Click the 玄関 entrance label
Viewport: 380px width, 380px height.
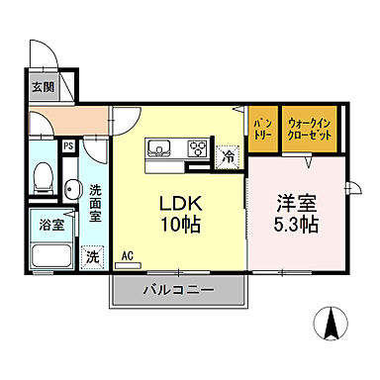click(x=43, y=87)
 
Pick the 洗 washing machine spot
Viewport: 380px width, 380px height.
click(x=92, y=254)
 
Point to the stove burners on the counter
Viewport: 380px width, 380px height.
click(x=198, y=149)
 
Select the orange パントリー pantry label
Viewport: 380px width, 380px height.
click(x=261, y=127)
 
